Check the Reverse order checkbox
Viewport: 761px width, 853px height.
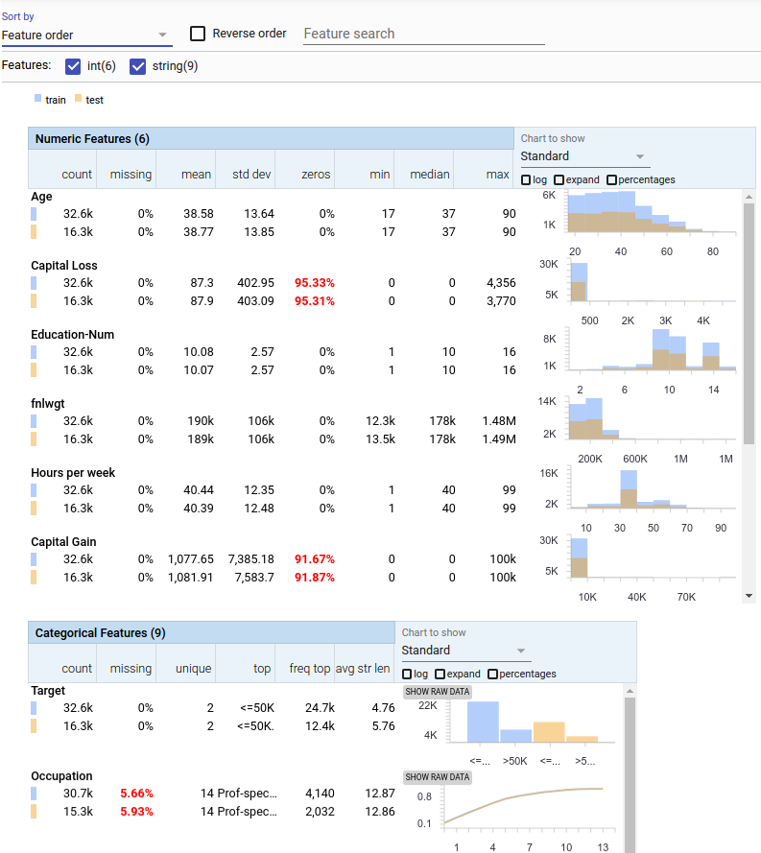198,34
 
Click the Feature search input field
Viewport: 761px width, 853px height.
423,34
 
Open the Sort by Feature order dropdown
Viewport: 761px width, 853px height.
85,36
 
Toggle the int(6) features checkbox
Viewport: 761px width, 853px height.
73,66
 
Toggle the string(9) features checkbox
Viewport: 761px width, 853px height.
137,66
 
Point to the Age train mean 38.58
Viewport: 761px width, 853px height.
197,214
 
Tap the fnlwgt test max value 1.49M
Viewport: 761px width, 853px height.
498,438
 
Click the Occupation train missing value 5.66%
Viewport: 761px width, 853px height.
135,794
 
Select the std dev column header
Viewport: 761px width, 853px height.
252,175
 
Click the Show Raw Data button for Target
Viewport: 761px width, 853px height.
437,692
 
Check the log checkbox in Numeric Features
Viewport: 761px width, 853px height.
526,180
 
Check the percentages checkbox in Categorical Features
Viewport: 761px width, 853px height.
492,675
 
